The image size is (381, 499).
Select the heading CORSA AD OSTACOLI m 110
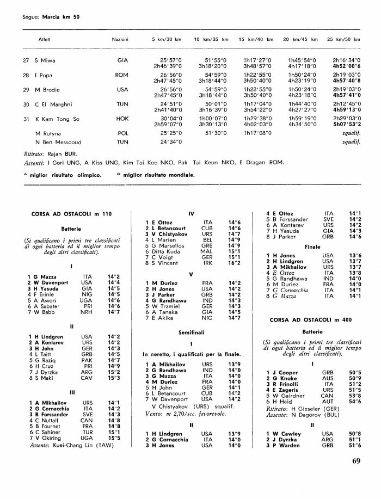tap(71, 214)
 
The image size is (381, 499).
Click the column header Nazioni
tap(120, 40)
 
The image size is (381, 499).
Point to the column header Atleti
tap(44, 40)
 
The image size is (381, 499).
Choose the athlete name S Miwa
tap(45, 60)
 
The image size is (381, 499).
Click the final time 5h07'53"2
tap(347, 124)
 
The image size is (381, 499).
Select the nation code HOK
tap(122, 119)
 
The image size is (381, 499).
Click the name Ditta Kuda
tap(161, 252)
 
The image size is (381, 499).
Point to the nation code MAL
tap(207, 252)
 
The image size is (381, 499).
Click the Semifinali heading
tap(191, 331)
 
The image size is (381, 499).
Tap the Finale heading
tap(312, 246)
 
